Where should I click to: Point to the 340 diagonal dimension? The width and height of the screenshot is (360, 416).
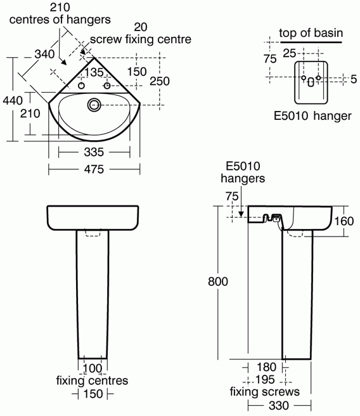click(44, 55)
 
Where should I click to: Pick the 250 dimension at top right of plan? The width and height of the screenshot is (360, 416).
click(160, 81)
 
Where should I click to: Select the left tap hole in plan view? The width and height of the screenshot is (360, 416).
click(82, 86)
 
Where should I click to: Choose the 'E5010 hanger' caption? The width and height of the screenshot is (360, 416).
click(312, 117)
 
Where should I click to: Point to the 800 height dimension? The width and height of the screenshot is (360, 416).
click(218, 281)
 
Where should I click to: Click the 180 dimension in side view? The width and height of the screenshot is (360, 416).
click(267, 367)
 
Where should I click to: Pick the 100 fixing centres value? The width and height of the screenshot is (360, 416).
click(93, 368)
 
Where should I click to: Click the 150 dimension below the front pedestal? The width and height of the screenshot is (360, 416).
click(93, 394)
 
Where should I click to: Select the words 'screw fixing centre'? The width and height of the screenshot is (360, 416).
click(141, 39)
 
